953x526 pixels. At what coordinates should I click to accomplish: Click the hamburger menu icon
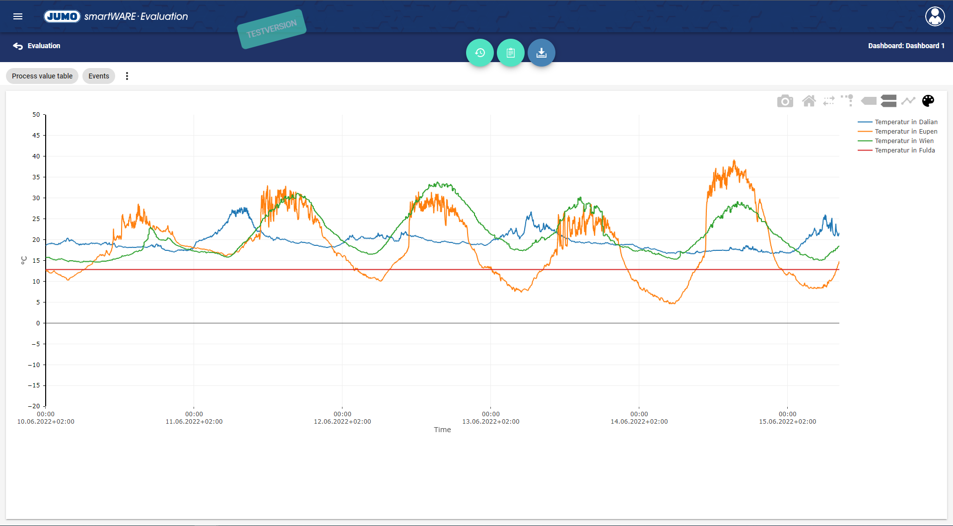(x=18, y=16)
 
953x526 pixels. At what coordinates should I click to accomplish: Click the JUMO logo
(x=62, y=16)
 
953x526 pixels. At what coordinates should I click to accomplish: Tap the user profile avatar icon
(x=935, y=16)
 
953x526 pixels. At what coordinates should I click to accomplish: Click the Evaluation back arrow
(x=18, y=46)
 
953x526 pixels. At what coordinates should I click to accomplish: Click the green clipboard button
(x=510, y=53)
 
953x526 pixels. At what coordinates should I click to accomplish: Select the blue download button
(x=541, y=53)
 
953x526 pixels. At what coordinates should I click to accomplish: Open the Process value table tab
(x=42, y=76)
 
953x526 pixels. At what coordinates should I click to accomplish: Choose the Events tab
(x=99, y=76)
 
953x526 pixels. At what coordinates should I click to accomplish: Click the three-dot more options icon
(x=127, y=76)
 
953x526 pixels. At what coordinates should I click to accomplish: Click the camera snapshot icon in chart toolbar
(x=785, y=101)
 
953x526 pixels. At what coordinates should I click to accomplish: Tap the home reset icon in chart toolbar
(x=809, y=101)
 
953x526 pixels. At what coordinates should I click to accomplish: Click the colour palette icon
(x=928, y=101)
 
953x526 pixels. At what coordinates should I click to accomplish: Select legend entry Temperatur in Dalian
(x=906, y=122)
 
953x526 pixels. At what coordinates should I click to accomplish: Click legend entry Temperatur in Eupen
(x=906, y=132)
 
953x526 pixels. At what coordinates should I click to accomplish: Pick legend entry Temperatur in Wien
(x=904, y=141)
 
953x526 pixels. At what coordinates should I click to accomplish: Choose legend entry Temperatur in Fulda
(x=904, y=150)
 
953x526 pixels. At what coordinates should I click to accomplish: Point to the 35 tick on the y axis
(x=36, y=177)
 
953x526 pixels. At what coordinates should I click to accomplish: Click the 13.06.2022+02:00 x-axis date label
(x=490, y=422)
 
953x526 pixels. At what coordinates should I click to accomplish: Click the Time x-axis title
(x=442, y=430)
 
